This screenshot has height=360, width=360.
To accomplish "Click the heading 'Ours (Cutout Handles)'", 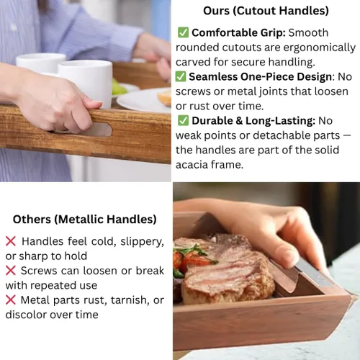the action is coord(266,11).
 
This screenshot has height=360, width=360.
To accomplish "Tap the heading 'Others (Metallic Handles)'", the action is coord(85,220).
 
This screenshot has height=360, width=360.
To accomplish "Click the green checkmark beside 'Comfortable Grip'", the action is coord(183,32).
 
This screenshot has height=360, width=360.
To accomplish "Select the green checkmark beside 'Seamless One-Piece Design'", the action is coord(181,76).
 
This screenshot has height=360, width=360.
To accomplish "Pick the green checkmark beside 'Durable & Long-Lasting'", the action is coord(183,120).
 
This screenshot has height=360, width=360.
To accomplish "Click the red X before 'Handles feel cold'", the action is coord(11,241).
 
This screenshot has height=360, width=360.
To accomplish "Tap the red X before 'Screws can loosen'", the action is coord(11,271).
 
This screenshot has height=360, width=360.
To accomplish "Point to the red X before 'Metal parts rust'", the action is coord(11,300).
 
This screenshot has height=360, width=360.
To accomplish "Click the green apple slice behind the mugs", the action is coord(118,87).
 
